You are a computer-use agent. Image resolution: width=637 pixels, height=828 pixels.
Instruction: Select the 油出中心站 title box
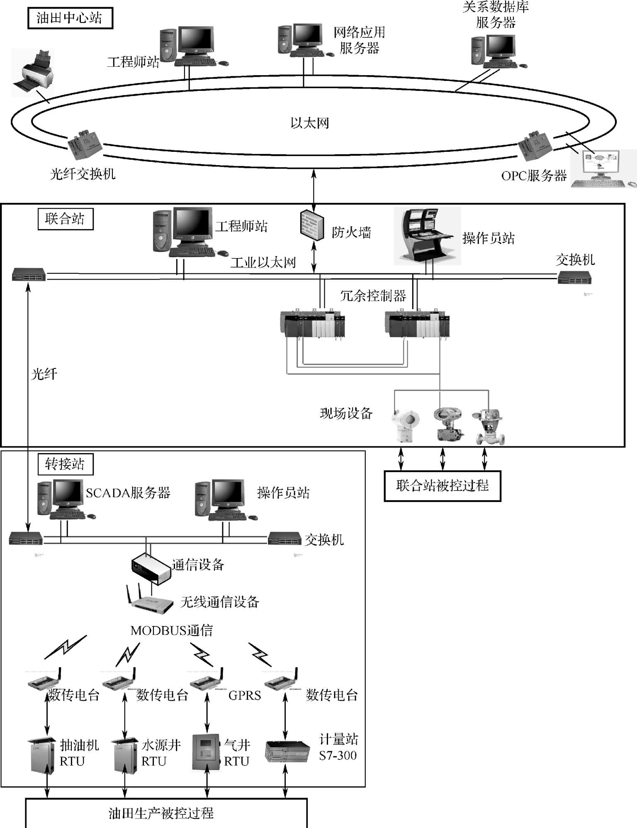tap(70, 18)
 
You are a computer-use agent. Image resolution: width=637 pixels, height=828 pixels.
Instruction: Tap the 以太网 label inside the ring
tap(309, 123)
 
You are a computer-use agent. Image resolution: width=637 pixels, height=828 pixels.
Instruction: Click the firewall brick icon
tap(312, 226)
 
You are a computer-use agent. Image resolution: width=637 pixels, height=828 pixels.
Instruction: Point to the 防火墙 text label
tap(351, 232)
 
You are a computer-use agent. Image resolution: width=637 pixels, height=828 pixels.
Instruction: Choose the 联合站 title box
tap(65, 219)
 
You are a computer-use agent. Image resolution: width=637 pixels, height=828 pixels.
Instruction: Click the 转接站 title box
tap(65, 464)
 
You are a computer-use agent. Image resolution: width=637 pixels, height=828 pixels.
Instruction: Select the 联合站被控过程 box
tap(442, 486)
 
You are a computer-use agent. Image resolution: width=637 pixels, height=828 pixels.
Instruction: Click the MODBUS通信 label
tap(171, 631)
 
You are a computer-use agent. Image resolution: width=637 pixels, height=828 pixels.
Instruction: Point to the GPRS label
tap(245, 696)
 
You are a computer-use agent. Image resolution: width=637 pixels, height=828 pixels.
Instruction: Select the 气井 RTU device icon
tap(206, 753)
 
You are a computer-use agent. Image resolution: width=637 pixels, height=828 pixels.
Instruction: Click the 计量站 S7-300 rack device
tap(287, 751)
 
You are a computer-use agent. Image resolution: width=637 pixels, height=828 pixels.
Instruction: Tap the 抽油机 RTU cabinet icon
tap(42, 755)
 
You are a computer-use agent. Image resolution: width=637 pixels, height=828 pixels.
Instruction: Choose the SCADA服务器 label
tap(128, 493)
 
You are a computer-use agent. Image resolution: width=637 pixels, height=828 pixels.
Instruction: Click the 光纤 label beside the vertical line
tap(44, 374)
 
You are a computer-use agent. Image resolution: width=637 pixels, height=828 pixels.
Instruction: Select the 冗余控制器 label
tap(373, 296)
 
